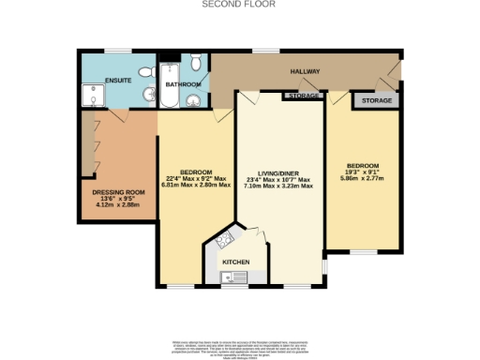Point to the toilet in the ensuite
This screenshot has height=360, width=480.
tap(147, 96)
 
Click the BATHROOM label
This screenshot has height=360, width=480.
tap(182, 85)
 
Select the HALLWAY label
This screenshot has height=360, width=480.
tap(305, 72)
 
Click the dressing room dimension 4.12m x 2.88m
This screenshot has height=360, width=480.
tap(115, 204)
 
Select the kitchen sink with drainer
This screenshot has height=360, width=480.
tap(233, 277)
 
